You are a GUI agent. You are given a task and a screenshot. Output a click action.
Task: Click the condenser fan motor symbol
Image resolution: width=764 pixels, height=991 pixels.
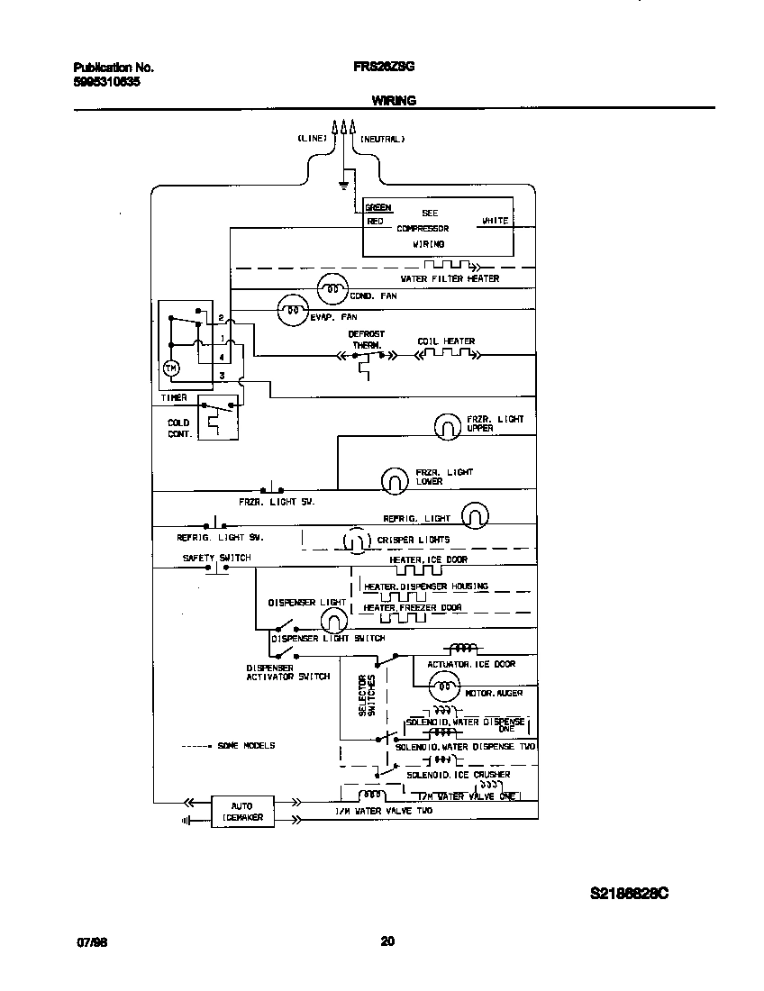tap(332, 289)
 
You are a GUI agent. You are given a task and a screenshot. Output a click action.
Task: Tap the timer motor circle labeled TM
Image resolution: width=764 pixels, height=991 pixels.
tap(171, 368)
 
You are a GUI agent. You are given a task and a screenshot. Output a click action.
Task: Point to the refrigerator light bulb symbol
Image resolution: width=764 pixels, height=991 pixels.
tap(475, 515)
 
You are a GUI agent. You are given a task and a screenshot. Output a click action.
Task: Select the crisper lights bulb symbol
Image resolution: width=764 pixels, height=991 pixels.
tap(355, 541)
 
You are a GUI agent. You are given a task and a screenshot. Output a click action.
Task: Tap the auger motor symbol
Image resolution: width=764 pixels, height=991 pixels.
tap(441, 689)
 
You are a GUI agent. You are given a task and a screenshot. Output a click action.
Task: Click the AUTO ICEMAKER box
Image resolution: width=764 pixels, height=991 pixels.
tap(241, 811)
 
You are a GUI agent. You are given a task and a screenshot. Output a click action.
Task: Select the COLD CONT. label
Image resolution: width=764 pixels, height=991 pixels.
tap(178, 428)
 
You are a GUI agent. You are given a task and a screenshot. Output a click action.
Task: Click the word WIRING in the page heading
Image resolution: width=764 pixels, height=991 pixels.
tap(394, 101)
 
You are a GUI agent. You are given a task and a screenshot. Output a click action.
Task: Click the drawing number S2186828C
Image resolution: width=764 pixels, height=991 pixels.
tap(629, 894)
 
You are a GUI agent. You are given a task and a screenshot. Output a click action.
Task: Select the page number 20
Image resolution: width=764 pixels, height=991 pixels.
tap(387, 941)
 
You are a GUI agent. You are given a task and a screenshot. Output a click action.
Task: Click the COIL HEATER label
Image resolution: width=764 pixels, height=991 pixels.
tap(445, 341)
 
